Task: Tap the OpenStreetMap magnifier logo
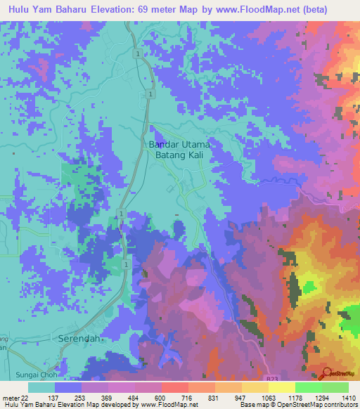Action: coord(326,373)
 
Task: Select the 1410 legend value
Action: coord(348,398)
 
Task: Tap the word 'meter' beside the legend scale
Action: coord(10,398)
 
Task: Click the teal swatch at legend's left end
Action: coord(41,387)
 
